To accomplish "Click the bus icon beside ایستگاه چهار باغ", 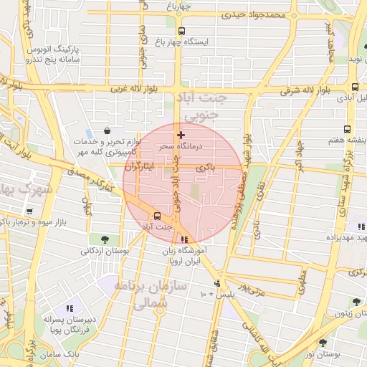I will (x=181, y=31).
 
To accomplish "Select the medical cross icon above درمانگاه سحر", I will (x=181, y=134).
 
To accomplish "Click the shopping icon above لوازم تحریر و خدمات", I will (x=107, y=131).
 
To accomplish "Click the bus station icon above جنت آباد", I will (x=157, y=215).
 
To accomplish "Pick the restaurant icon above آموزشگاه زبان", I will (x=185, y=240).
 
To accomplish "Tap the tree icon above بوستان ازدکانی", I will (x=105, y=239).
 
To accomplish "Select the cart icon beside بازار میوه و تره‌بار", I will (x=29, y=211).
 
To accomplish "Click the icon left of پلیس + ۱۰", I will (x=219, y=282).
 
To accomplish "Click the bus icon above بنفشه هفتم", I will (x=347, y=130).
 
